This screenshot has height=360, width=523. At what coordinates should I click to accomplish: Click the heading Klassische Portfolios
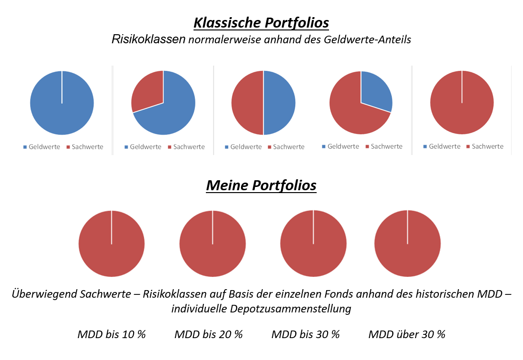(261, 23)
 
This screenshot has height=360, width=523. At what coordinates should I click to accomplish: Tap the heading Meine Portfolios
(261, 185)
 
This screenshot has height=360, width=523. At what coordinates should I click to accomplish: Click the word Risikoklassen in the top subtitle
(148, 39)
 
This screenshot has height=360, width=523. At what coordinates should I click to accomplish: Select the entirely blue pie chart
(62, 103)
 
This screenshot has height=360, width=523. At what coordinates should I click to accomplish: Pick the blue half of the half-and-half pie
(279, 103)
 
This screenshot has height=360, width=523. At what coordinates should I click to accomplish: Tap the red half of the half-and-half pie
(247, 103)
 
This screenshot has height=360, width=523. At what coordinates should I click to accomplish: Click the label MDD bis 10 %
(111, 334)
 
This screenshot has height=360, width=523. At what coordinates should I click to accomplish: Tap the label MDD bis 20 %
(208, 334)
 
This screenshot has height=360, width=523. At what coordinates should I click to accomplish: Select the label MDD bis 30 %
(305, 334)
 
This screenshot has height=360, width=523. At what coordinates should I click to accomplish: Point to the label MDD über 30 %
(407, 334)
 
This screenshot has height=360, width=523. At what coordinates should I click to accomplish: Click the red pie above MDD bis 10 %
(111, 243)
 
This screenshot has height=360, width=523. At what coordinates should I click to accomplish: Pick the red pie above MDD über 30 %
(407, 243)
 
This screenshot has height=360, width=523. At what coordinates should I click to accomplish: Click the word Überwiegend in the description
(39, 294)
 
